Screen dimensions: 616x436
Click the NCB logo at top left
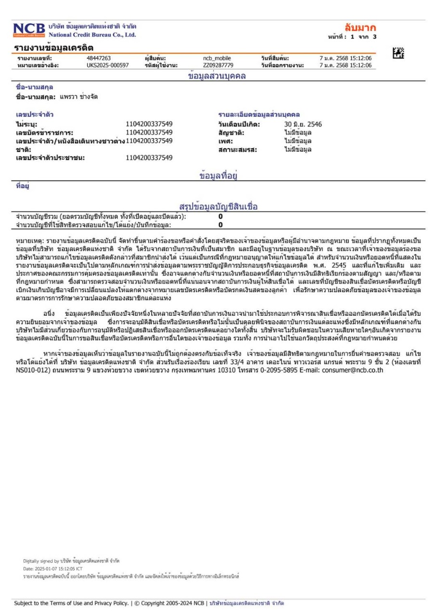(x=29, y=30)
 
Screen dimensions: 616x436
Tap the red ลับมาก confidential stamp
(x=360, y=27)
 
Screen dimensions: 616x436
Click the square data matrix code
(x=398, y=54)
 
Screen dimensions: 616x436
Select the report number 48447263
(x=98, y=58)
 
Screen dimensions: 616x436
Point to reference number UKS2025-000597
(x=107, y=65)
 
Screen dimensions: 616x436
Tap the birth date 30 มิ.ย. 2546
(x=303, y=124)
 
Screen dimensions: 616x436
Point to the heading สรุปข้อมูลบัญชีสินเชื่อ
(x=218, y=207)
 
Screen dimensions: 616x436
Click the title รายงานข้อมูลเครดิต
(x=52, y=47)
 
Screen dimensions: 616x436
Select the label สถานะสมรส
(x=237, y=149)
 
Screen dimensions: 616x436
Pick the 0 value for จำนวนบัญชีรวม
(x=220, y=217)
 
